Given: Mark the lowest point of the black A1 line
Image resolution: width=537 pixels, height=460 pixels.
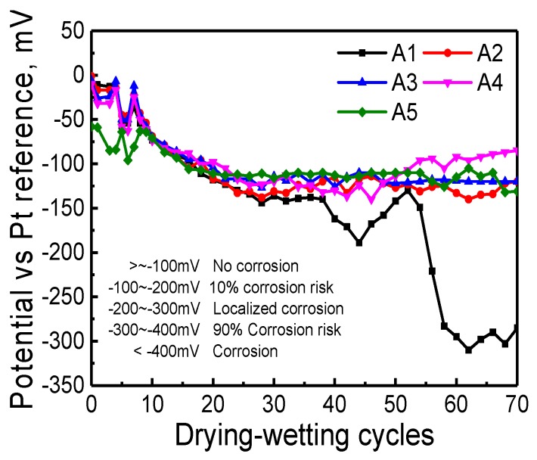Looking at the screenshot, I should pyautogui.click(x=469, y=350).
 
